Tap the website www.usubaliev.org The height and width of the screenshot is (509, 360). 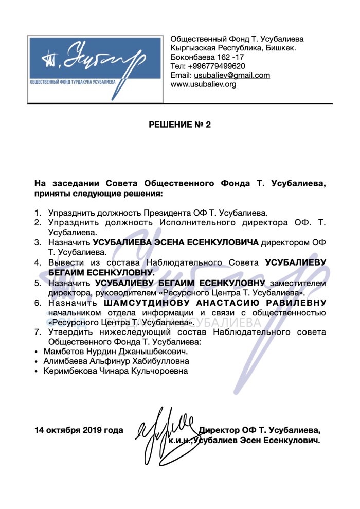pyautogui.click(x=203, y=84)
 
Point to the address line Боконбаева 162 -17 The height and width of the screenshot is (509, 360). pyautogui.click(x=207, y=57)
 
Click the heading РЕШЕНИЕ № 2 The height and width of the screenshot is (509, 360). pyautogui.click(x=179, y=125)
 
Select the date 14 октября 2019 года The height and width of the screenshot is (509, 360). pyautogui.click(x=79, y=430)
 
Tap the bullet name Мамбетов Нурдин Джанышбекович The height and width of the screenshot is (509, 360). pyautogui.click(x=116, y=351)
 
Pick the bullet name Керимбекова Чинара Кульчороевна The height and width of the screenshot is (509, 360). pyautogui.click(x=116, y=371)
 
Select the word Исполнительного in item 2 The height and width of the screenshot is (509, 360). pyautogui.click(x=197, y=222)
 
